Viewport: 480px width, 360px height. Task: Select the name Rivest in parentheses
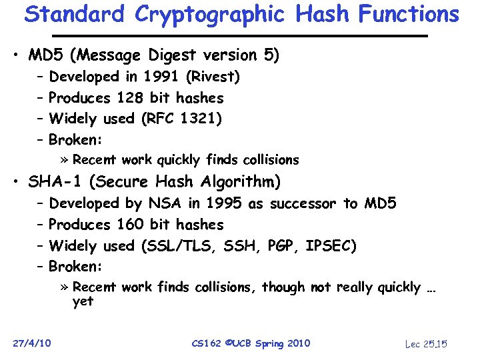[x=213, y=77]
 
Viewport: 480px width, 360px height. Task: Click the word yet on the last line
[x=83, y=301]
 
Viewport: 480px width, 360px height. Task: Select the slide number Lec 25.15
[x=425, y=344]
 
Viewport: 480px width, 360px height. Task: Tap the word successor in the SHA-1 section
[x=303, y=203]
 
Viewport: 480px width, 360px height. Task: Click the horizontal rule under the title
[x=240, y=35]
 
